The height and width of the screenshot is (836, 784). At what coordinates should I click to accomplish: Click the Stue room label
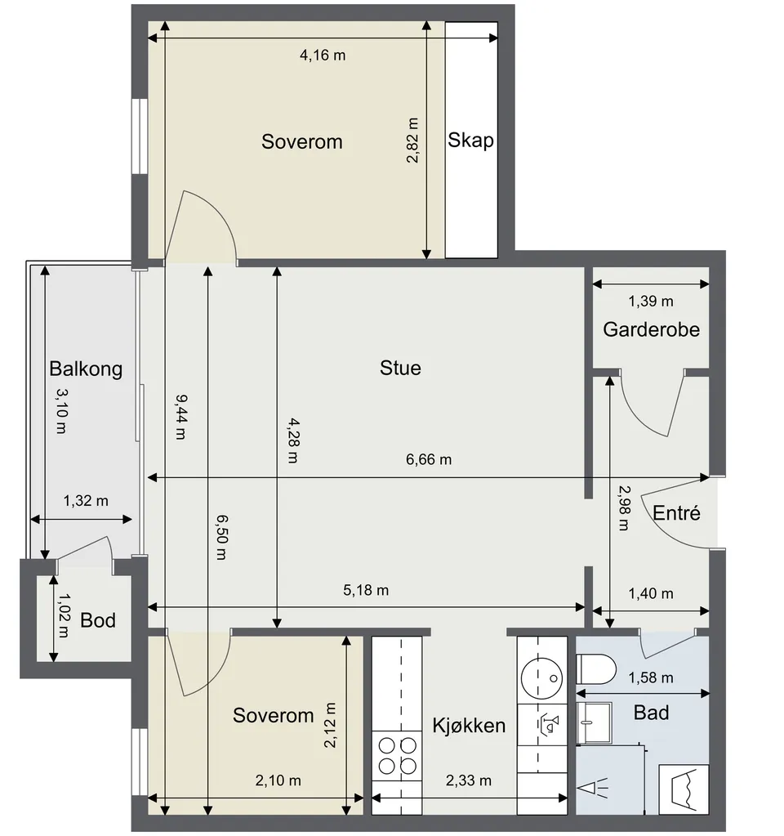[x=400, y=368]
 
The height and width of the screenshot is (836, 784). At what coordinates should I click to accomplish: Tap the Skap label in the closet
[x=470, y=141]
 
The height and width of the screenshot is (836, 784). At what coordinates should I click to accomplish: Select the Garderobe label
[x=651, y=329]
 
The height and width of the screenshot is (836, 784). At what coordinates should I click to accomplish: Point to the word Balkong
[x=86, y=369]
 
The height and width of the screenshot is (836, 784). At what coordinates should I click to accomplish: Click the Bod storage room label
[x=98, y=620]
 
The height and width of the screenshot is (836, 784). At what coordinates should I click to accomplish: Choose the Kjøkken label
[x=469, y=726]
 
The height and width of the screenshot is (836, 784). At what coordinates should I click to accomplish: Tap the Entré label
[x=676, y=513]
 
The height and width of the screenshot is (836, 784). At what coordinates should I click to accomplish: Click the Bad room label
[x=651, y=713]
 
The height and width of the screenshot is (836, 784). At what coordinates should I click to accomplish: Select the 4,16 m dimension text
[x=323, y=55]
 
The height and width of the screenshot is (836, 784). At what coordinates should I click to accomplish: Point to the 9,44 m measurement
[x=181, y=417]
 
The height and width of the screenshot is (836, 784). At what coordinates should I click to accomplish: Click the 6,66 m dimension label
[x=429, y=459]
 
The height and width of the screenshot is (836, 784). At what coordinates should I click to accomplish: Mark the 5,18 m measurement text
[x=366, y=590]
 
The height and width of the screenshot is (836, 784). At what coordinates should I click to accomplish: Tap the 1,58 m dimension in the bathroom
[x=651, y=677]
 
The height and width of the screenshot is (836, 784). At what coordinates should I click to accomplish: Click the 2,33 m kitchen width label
[x=469, y=780]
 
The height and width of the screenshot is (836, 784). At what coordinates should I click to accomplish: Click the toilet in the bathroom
[x=596, y=669]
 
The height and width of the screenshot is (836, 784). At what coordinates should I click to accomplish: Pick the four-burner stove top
[x=397, y=755]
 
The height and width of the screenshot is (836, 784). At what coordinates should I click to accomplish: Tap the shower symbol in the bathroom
[x=593, y=788]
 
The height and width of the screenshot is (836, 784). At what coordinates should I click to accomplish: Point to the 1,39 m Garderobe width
[x=651, y=302]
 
